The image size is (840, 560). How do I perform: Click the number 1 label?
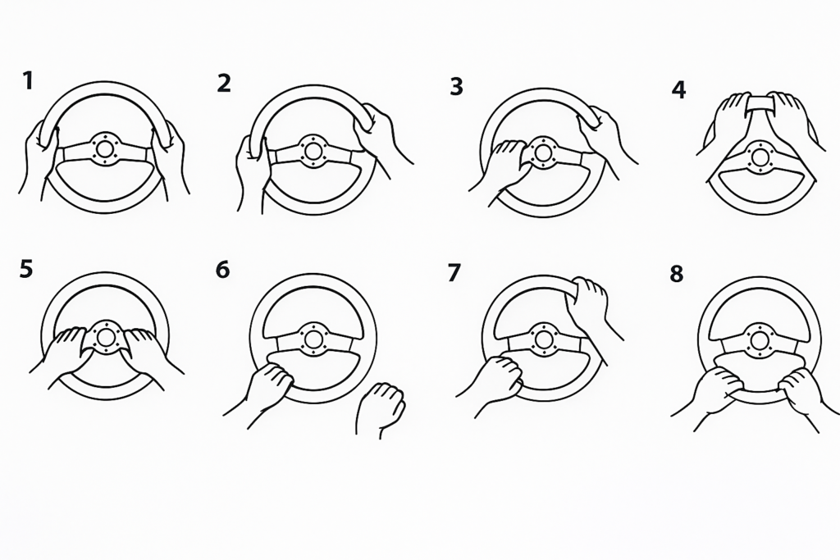click(x=28, y=81)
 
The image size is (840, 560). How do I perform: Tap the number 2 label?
click(x=224, y=84)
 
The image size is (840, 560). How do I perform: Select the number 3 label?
click(x=456, y=87)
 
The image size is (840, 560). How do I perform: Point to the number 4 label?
click(x=678, y=90)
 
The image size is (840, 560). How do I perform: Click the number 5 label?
click(x=25, y=269)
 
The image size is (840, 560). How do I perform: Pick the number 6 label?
click(x=222, y=271)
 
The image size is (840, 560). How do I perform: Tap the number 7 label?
click(x=453, y=273)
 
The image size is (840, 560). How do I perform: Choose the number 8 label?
click(x=677, y=274)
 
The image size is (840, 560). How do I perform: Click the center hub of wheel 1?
click(x=105, y=148)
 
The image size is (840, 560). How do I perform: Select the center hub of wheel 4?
click(x=759, y=157)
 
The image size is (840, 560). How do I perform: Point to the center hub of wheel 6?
click(x=311, y=339)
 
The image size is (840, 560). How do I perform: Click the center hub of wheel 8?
click(x=759, y=339)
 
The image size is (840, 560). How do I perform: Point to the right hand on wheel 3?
click(x=605, y=137)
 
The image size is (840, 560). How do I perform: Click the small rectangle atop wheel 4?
click(x=760, y=102)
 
